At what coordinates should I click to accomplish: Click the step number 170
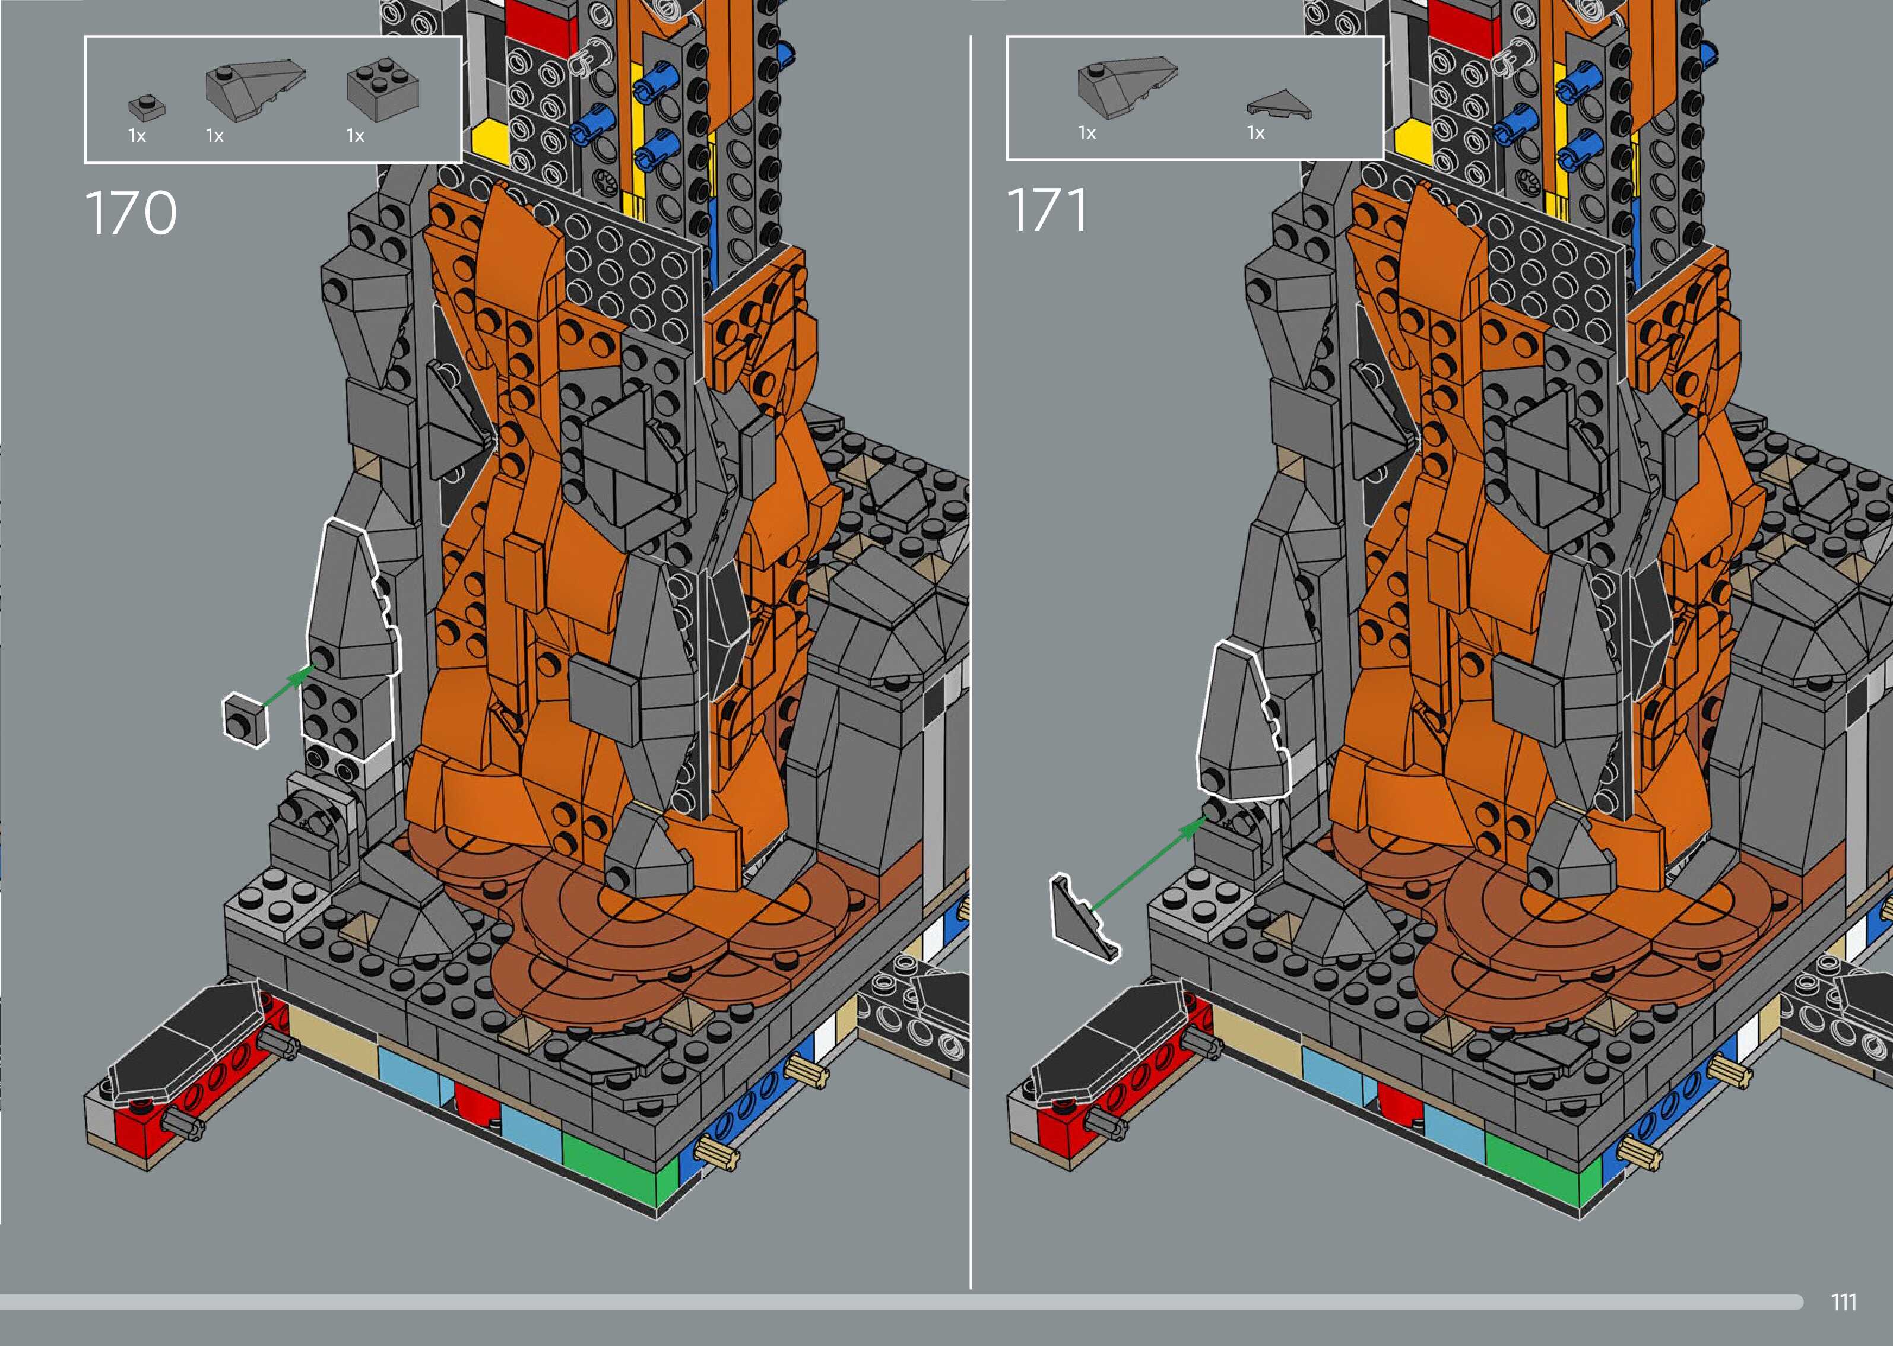coord(131,212)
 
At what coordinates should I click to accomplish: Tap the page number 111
coord(1843,1302)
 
